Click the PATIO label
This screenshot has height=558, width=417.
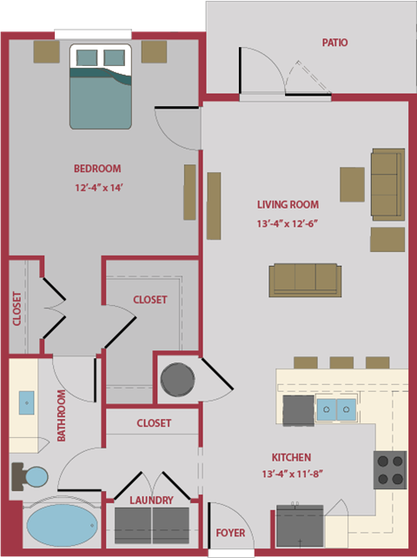coord(334,42)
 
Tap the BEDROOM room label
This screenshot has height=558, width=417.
coord(96,169)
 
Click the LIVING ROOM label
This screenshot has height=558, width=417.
coord(288,205)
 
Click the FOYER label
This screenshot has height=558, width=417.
coord(230,533)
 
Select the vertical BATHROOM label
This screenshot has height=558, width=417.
coord(62,415)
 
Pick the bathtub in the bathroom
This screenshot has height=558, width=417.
coord(62,526)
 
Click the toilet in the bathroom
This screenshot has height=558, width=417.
coord(30,476)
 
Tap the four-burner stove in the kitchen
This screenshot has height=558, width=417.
coord(390,469)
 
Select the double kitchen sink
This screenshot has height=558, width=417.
coord(335,409)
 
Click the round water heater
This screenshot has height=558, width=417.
coord(177,380)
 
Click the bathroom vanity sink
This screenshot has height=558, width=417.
coord(26,402)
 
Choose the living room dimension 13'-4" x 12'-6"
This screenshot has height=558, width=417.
coord(288,223)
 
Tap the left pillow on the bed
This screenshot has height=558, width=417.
coord(87,57)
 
